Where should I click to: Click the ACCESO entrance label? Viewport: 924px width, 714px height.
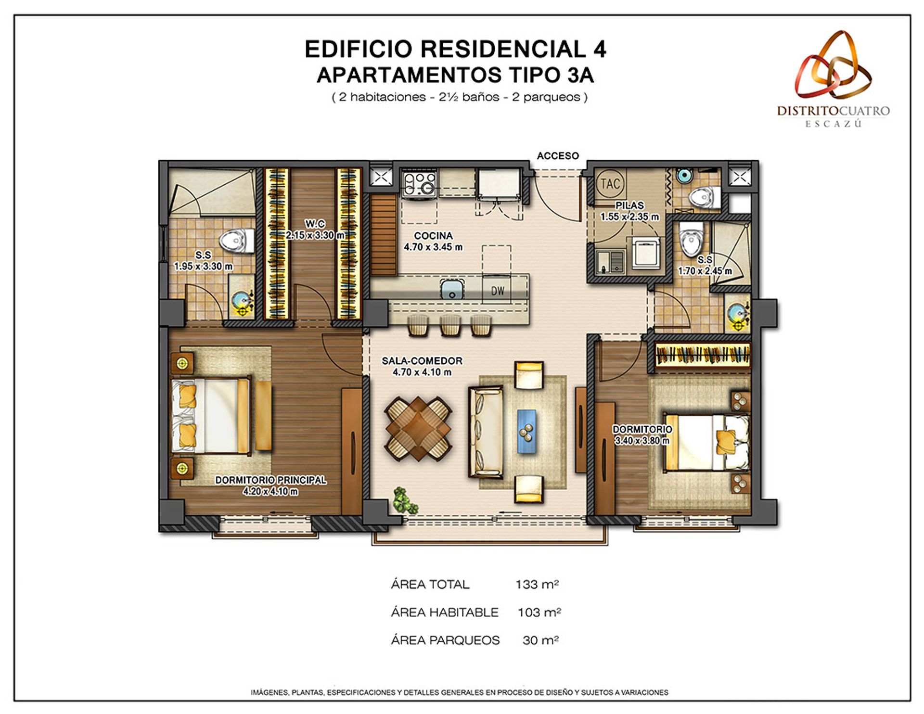coord(557,156)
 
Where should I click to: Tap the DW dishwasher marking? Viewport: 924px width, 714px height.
coord(498,291)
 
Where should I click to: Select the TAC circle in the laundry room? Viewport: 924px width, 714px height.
coord(610,183)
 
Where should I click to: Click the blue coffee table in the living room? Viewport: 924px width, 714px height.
coord(527,431)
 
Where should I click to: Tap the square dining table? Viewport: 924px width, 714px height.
coord(418,429)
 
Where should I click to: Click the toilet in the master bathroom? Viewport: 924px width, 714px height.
coord(238,241)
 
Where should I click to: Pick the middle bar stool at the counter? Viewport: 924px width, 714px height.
coord(450,326)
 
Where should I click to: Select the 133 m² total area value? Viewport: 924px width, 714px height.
coord(537,584)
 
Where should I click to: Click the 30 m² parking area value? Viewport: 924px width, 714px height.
coord(540,640)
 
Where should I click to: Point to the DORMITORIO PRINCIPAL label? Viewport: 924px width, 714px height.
coord(270,480)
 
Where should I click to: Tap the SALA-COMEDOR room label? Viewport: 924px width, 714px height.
coord(422,360)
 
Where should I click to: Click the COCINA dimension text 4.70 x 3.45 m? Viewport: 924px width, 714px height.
coord(433,247)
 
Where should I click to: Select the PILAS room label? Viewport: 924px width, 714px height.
coord(629,205)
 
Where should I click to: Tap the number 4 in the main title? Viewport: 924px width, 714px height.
coord(597,49)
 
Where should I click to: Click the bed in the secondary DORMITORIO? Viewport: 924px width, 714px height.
coord(705,442)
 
